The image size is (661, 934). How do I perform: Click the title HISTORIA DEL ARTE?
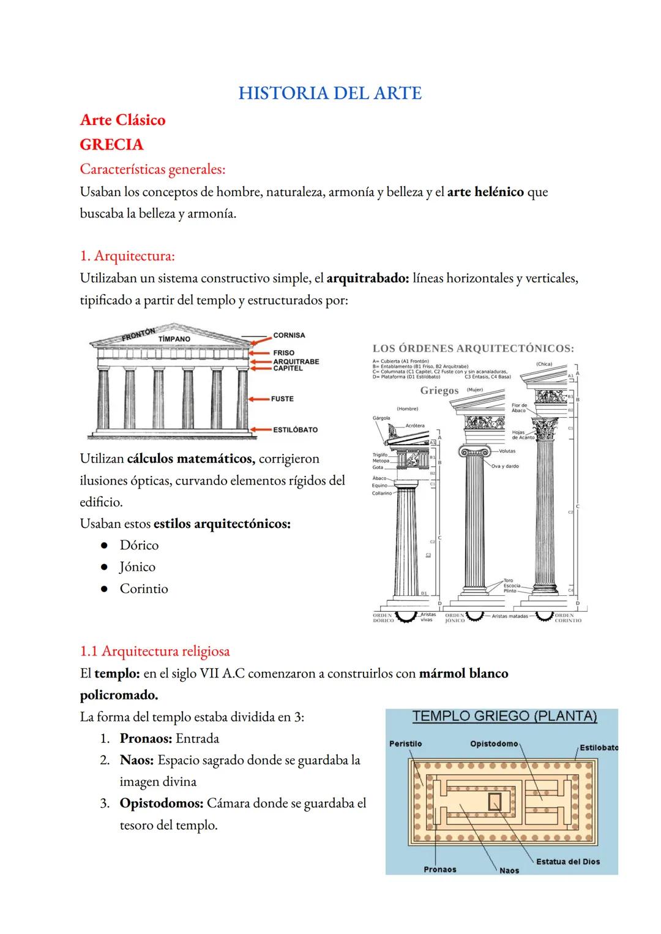click(330, 93)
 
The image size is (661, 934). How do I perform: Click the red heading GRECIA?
click(111, 145)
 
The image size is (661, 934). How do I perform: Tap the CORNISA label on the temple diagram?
click(289, 336)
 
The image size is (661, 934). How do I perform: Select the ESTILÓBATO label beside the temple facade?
click(295, 430)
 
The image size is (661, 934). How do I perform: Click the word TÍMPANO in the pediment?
click(174, 339)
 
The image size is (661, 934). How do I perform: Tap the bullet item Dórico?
click(139, 545)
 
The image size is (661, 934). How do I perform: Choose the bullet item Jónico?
click(137, 567)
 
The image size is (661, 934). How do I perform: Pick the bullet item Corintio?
click(143, 589)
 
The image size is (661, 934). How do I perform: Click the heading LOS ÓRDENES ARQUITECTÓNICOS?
click(473, 348)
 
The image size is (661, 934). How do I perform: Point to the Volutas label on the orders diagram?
click(507, 451)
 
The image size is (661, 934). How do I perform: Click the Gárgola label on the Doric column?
click(381, 418)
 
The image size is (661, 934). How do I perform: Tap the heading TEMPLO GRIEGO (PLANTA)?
click(504, 716)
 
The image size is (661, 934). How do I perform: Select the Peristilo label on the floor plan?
click(405, 744)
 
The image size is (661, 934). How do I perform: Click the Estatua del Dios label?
click(567, 861)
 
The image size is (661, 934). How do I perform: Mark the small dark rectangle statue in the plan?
click(493, 800)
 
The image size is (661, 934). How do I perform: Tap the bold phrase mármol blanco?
click(463, 674)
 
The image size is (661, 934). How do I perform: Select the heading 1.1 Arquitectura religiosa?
click(155, 651)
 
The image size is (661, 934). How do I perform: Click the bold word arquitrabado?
click(367, 278)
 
